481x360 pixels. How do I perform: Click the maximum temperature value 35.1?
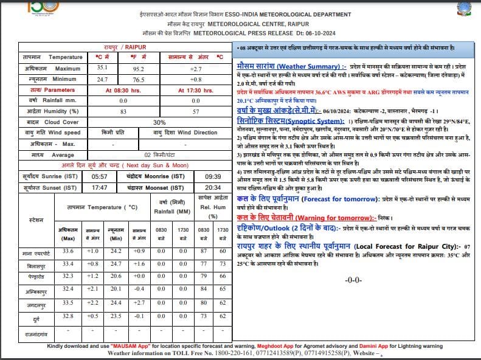102,67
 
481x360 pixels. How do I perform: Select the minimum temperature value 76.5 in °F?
139,79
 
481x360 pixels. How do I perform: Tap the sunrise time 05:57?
99,176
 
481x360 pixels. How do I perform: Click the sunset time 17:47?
99,188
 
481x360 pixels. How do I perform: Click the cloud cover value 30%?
159,122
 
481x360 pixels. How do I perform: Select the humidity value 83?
123,111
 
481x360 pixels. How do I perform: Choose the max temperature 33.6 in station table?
67,251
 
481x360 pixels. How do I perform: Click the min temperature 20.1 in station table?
116,289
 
